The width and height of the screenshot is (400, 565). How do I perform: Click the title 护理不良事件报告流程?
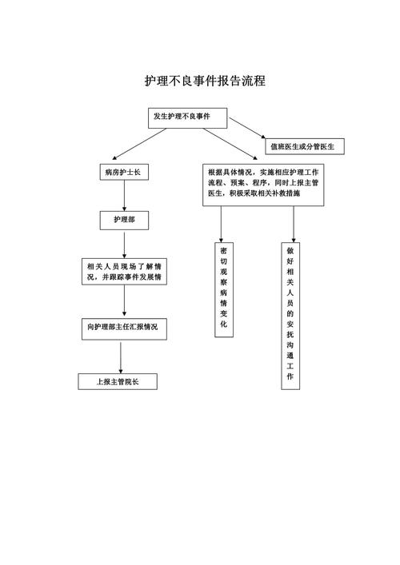(204, 81)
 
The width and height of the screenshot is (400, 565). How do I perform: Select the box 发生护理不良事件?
(187, 117)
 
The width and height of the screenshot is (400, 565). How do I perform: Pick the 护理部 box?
(123, 219)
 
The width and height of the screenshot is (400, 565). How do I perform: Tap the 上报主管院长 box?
(117, 382)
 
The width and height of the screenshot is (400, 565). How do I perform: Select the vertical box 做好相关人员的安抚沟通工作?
(290, 316)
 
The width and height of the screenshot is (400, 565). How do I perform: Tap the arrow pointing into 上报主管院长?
(120, 357)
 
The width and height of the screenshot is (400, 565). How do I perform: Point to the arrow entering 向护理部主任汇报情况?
(124, 301)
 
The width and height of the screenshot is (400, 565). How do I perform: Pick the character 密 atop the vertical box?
(224, 250)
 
